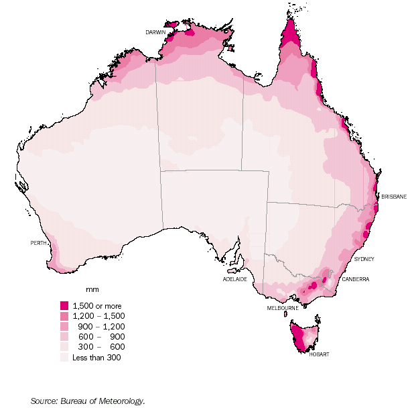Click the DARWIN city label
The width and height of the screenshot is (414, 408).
(155, 32)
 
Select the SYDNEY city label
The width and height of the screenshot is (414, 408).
(364, 258)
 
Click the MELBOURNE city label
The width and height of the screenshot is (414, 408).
(282, 308)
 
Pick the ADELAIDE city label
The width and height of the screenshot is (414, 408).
(234, 278)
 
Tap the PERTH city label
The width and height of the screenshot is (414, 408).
(38, 242)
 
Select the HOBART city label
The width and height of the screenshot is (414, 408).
(318, 354)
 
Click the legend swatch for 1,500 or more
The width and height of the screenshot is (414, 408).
(64, 305)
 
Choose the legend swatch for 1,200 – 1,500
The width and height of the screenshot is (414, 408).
(64, 315)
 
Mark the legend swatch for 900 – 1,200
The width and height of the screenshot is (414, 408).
(64, 326)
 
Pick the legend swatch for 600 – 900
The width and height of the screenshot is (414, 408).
(64, 336)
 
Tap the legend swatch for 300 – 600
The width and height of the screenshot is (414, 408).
(64, 347)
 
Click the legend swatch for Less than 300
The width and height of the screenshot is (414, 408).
(64, 357)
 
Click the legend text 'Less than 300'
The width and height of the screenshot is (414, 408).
(96, 357)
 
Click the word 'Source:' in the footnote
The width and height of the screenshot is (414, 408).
(45, 401)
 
